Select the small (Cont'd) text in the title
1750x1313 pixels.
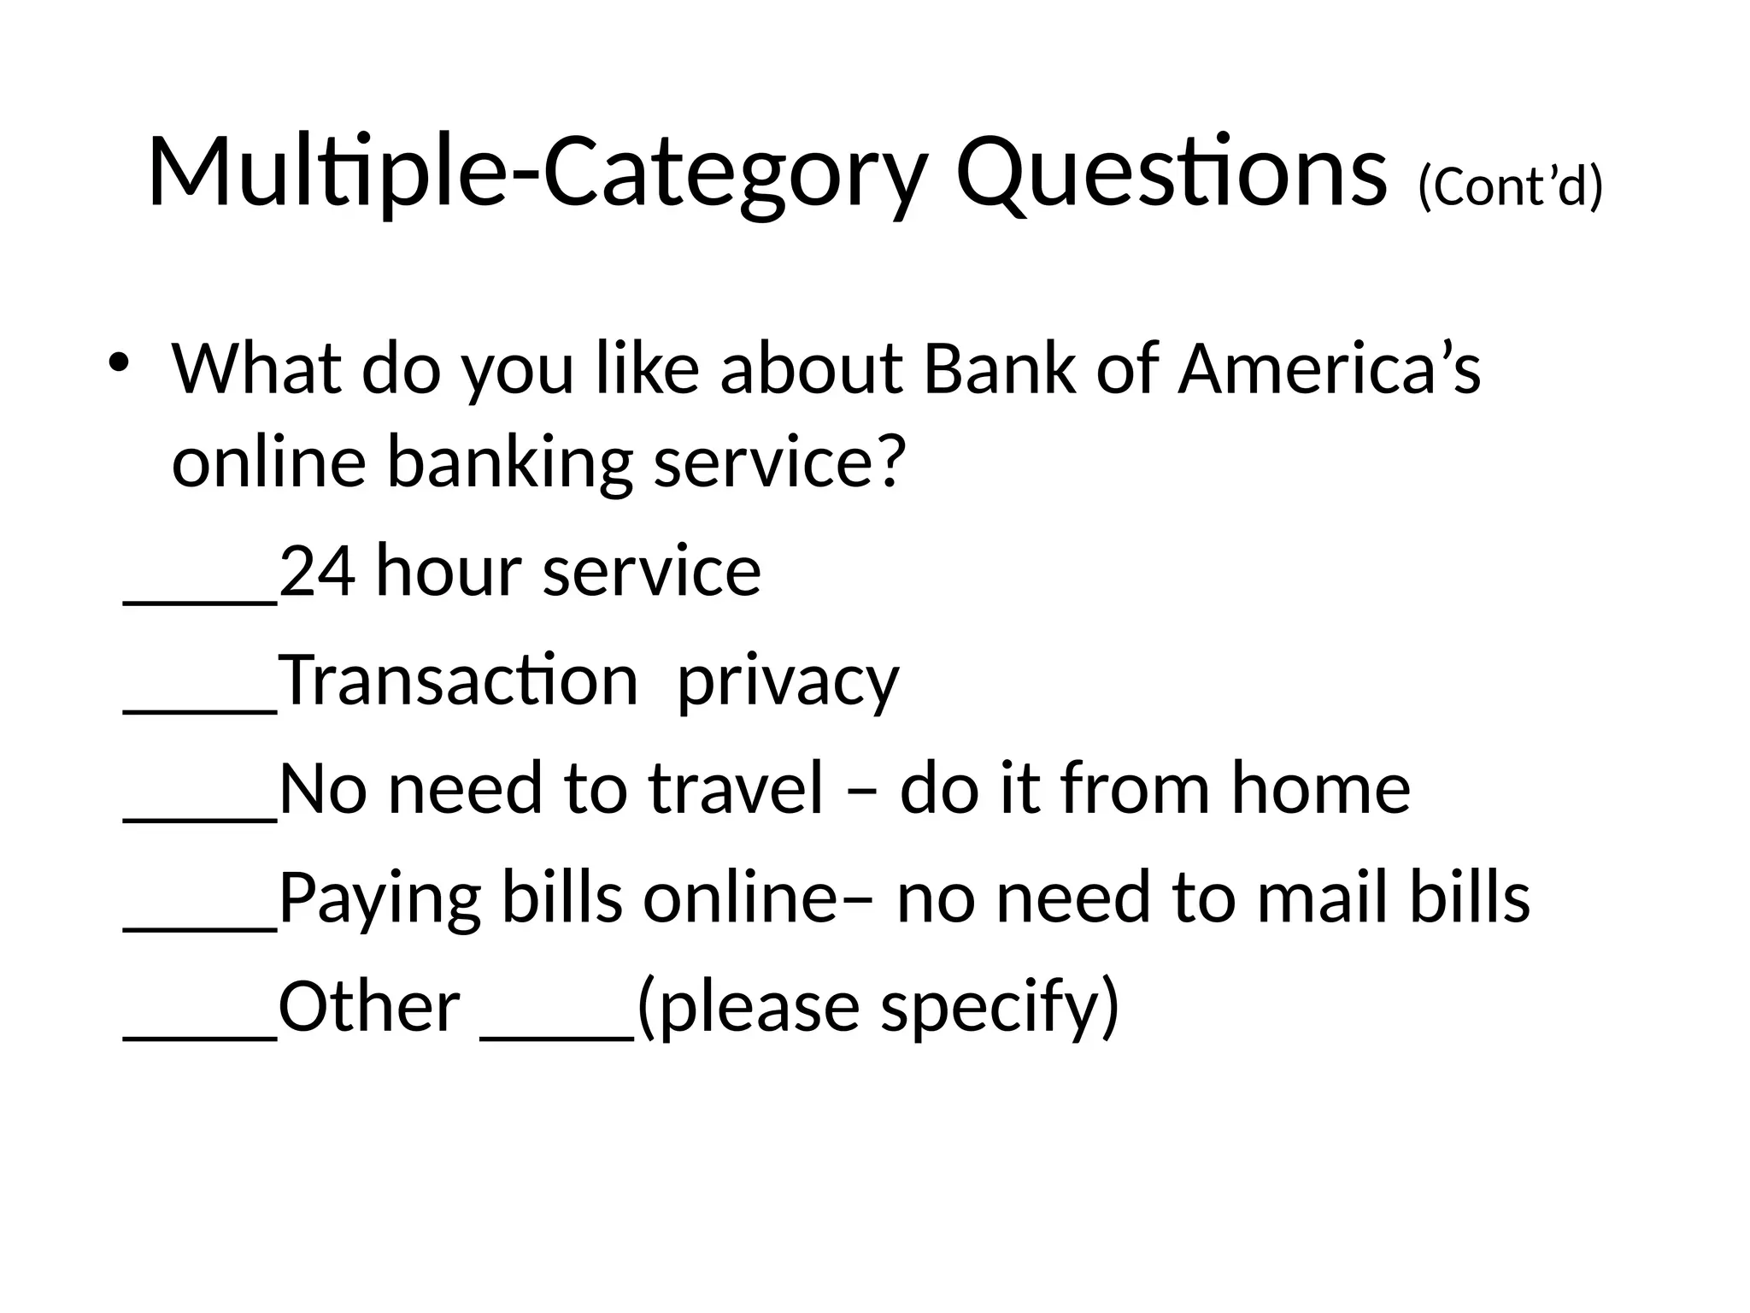1509,187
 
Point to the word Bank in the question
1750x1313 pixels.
1000,370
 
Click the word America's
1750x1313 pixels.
1329,370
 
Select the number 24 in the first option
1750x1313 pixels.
317,572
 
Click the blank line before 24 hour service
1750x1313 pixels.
201,601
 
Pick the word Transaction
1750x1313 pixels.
459,680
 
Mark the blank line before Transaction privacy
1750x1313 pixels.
201,709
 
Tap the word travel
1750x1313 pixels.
736,788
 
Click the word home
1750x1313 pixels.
1320,788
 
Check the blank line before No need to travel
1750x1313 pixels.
201,818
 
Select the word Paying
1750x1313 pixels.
379,900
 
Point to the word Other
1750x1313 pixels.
369,1006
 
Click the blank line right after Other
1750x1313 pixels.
558,1035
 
